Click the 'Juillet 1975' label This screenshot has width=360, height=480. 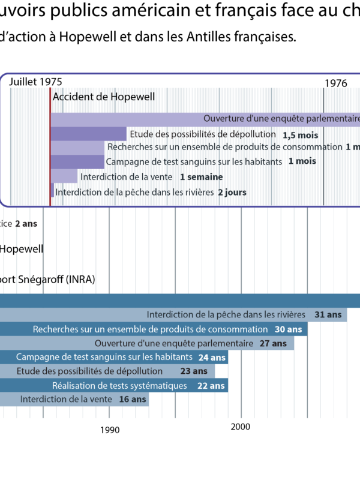pyautogui.click(x=35, y=82)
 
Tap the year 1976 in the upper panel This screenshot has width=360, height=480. pyautogui.click(x=336, y=83)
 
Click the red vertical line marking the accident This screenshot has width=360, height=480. pyautogui.click(x=50, y=150)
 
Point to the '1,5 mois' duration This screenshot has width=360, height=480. pyautogui.click(x=300, y=135)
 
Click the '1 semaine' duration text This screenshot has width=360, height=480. pyautogui.click(x=201, y=177)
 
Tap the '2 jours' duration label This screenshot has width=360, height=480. pyautogui.click(x=232, y=193)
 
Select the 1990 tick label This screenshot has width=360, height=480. pyautogui.click(x=110, y=430)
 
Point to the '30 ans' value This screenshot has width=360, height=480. pyautogui.click(x=288, y=329)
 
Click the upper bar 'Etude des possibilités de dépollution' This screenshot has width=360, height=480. pyautogui.click(x=203, y=134)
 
